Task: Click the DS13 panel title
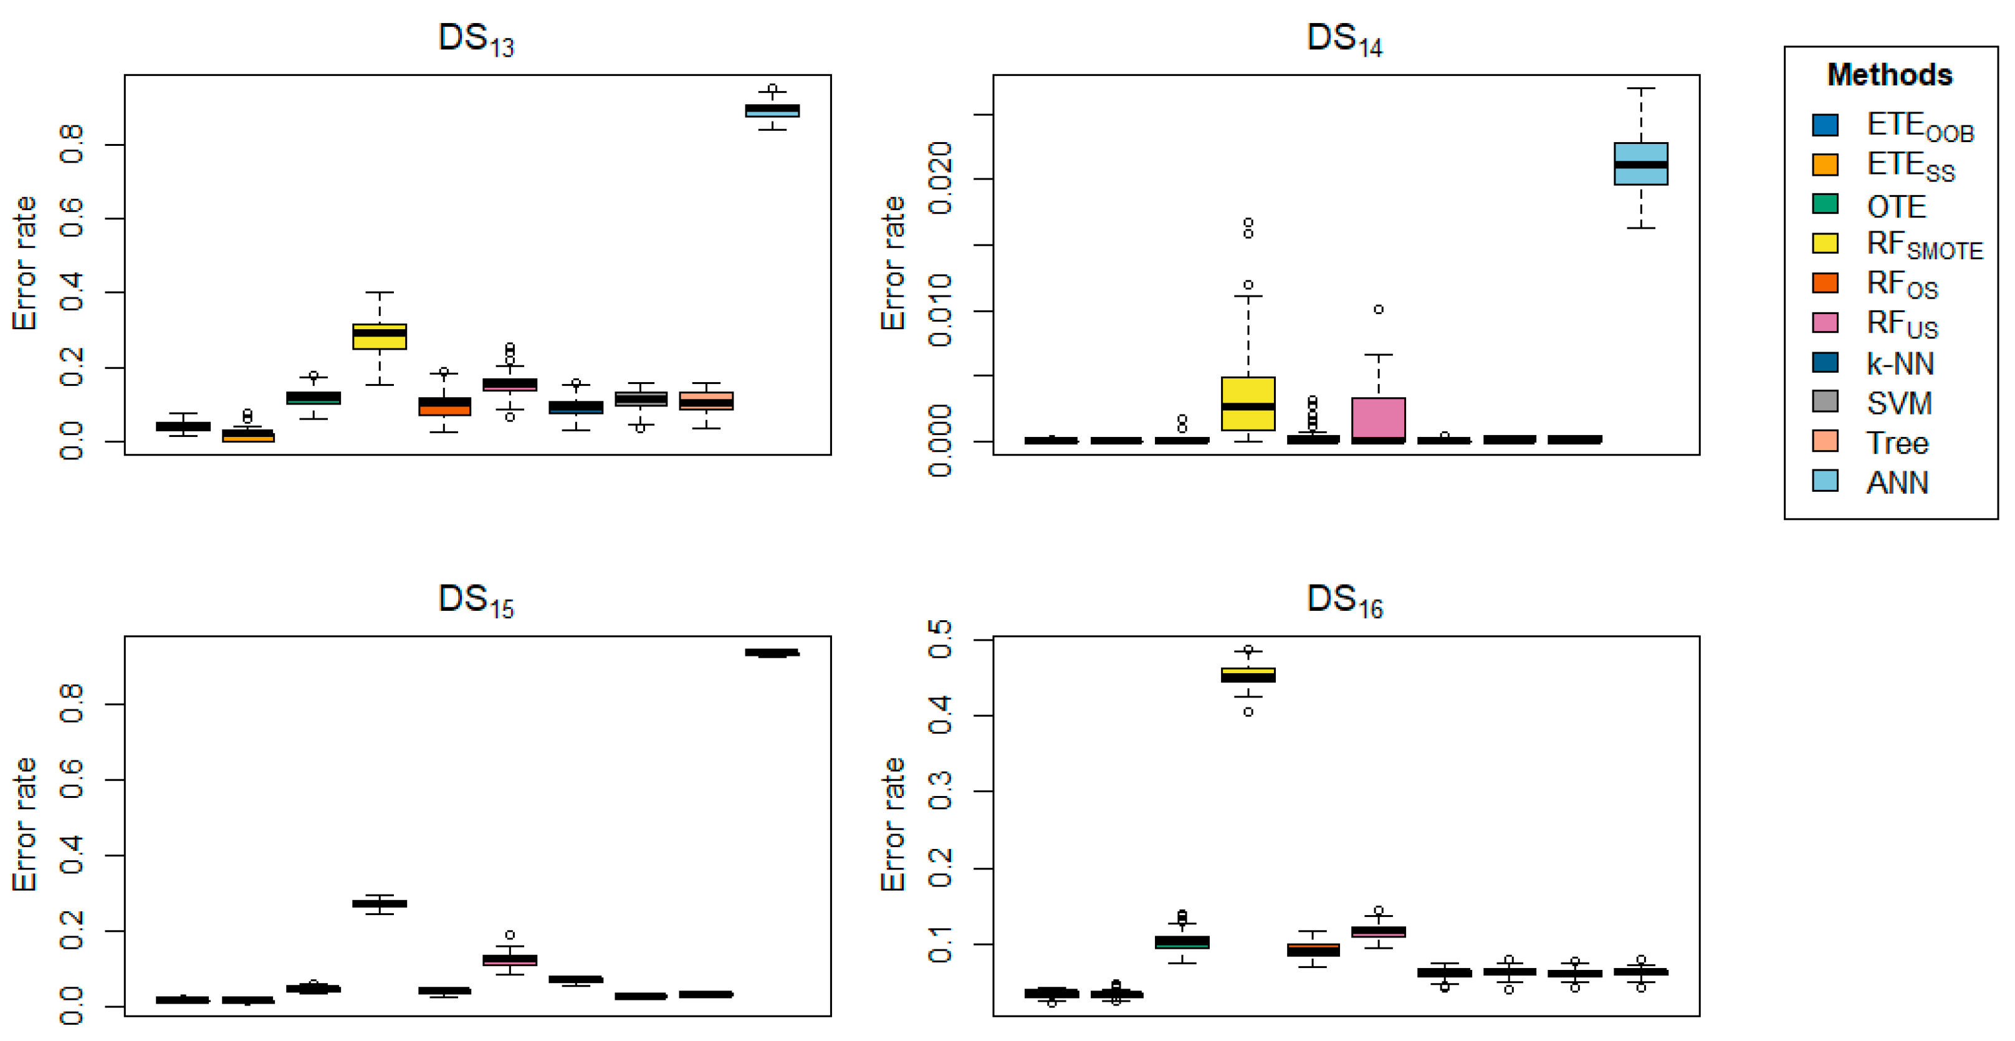click(476, 39)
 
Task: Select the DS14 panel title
click(1344, 39)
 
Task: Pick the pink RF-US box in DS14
click(1378, 418)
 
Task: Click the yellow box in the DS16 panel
click(1248, 674)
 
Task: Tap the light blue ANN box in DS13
click(772, 111)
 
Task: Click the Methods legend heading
click(1889, 75)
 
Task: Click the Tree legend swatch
click(1825, 442)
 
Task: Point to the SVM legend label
click(1898, 403)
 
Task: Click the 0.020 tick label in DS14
click(939, 178)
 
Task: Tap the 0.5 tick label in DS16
click(939, 639)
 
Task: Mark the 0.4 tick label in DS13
click(70, 292)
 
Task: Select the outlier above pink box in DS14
click(1378, 310)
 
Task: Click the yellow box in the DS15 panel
click(380, 903)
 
